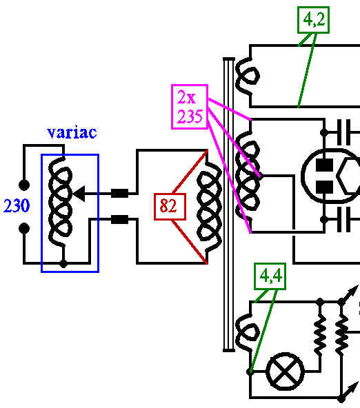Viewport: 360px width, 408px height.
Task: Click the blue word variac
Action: click(72, 132)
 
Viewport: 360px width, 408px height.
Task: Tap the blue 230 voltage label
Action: click(17, 205)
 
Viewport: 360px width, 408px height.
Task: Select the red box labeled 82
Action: click(170, 207)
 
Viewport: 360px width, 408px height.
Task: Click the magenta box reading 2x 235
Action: click(190, 107)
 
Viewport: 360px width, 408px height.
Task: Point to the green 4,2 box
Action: click(313, 20)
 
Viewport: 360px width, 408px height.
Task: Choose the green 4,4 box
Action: click(270, 276)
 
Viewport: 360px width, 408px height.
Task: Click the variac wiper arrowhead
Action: click(79, 194)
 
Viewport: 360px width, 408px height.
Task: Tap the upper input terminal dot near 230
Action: click(24, 185)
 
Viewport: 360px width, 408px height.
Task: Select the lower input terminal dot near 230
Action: click(24, 228)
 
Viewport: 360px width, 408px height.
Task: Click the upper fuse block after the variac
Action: click(120, 194)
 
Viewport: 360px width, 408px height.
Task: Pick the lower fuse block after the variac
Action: click(120, 219)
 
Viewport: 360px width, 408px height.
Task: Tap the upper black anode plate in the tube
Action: click(324, 165)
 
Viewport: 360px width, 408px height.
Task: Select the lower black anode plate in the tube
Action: click(324, 187)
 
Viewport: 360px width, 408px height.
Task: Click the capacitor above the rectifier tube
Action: click(344, 132)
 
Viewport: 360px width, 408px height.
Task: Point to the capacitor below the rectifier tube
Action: click(344, 219)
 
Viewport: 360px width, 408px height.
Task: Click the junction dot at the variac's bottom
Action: click(63, 263)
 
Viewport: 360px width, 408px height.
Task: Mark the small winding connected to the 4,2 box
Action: click(247, 76)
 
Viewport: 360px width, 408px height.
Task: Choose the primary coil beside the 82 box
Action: click(210, 207)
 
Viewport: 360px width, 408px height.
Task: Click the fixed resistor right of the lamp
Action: click(320, 335)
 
